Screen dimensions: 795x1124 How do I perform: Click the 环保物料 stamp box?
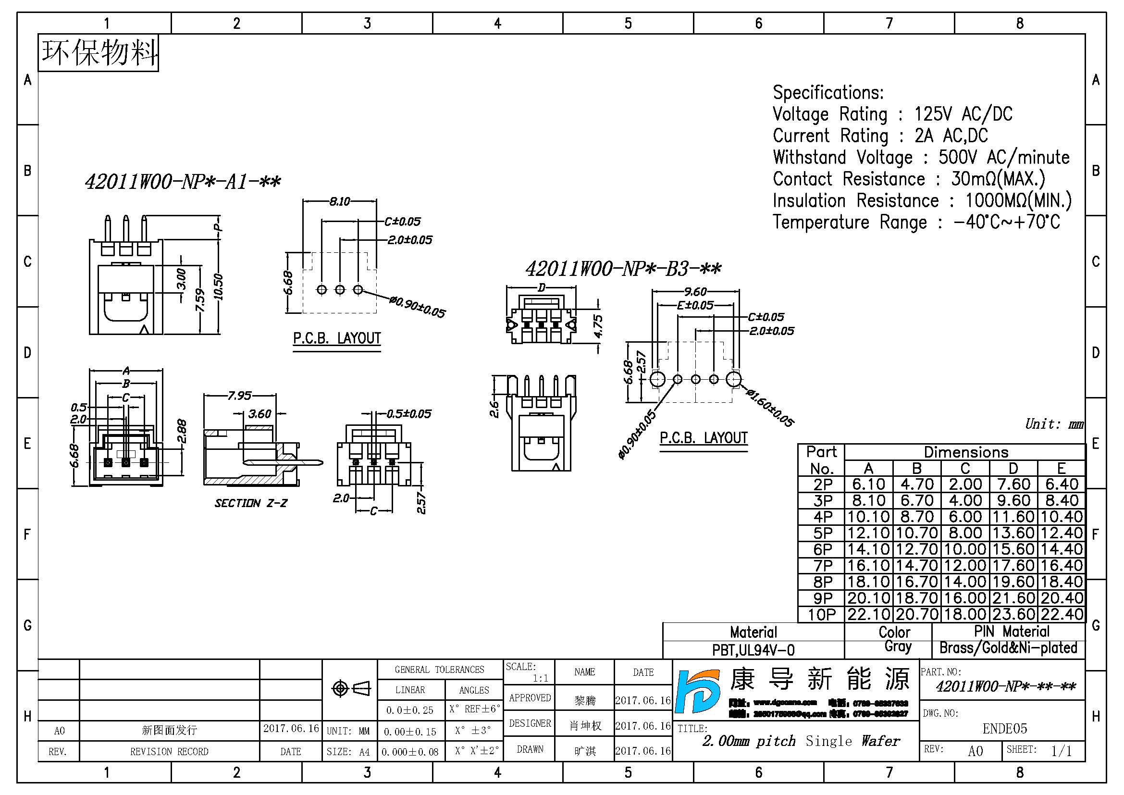point(99,53)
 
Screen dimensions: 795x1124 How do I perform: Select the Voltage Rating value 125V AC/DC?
point(963,114)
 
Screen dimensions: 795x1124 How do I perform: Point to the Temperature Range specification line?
point(916,222)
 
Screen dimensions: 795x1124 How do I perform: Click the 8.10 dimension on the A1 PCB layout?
point(339,201)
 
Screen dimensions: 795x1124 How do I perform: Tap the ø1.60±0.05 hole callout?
point(769,408)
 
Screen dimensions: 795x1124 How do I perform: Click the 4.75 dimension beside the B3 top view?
point(598,325)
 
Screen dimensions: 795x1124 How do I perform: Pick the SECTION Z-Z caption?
point(251,503)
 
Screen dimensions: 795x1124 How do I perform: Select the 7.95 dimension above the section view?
point(239,396)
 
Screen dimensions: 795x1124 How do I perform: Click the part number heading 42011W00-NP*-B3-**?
point(623,269)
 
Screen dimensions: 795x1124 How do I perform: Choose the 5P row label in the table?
point(822,533)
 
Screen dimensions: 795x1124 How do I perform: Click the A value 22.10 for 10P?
point(868,614)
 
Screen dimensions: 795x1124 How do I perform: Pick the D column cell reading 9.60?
point(1013,501)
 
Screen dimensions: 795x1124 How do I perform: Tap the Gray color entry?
point(897,646)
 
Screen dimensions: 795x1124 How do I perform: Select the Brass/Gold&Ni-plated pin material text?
point(1008,648)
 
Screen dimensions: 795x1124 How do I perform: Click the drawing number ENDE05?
point(1004,729)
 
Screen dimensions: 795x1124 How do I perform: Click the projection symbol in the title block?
point(350,688)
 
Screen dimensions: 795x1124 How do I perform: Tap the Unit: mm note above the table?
point(1054,424)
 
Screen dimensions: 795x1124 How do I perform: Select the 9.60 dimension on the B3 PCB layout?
point(695,292)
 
